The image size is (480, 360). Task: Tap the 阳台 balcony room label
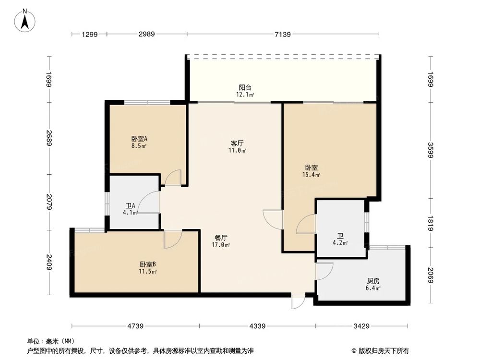[x=245, y=87]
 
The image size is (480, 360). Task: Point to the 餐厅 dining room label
[x=221, y=237]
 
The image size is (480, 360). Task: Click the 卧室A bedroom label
[x=139, y=138]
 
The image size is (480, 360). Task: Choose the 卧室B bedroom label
[x=148, y=264]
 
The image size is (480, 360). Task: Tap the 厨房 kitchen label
[x=372, y=281]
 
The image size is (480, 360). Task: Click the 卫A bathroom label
[x=130, y=206]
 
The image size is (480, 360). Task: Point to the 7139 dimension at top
[x=283, y=34]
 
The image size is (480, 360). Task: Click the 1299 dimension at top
[x=89, y=34]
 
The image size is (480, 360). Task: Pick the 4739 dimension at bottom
[x=135, y=326]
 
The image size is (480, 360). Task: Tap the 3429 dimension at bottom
[x=361, y=326]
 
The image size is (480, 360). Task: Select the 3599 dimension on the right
[x=431, y=150]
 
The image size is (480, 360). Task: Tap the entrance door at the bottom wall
[x=298, y=301]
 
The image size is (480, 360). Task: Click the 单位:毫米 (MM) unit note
[x=48, y=341]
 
